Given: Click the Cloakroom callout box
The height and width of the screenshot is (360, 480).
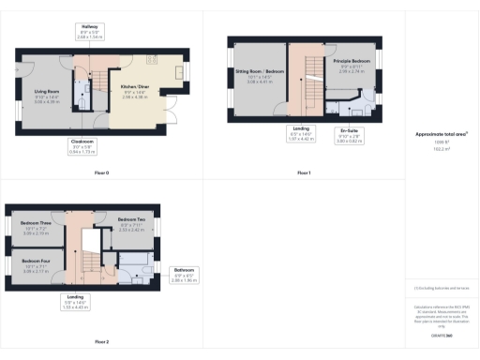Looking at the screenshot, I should (x=82, y=146).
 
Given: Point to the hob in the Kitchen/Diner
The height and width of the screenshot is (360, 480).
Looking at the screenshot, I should (x=175, y=74).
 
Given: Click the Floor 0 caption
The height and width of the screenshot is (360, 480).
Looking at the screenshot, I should (x=101, y=173).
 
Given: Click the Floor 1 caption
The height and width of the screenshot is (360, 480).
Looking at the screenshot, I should (x=304, y=173).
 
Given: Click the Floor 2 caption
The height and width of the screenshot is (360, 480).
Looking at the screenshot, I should (x=101, y=341).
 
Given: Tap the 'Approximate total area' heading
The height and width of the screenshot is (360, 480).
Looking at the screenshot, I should (x=441, y=134).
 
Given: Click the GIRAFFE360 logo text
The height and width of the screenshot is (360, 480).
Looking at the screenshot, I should (x=442, y=335).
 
